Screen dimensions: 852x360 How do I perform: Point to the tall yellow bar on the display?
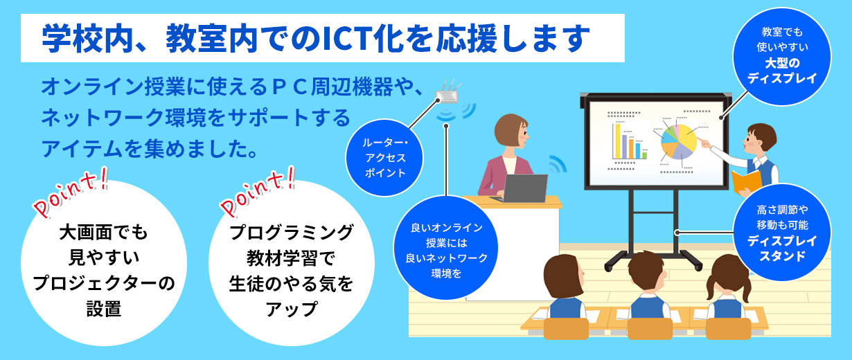click(618, 141)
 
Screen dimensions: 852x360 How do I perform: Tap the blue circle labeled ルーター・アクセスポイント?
click(384, 158)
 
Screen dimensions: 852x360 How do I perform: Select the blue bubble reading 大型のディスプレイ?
click(781, 56)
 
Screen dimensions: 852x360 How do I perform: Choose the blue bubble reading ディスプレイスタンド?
click(782, 233)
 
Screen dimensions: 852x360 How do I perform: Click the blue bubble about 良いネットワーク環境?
click(446, 248)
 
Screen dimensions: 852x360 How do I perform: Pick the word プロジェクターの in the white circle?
click(104, 284)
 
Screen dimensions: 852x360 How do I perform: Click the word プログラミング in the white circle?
click(292, 233)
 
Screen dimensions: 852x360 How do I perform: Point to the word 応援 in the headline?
click(466, 39)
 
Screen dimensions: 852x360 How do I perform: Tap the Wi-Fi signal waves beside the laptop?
click(558, 164)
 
